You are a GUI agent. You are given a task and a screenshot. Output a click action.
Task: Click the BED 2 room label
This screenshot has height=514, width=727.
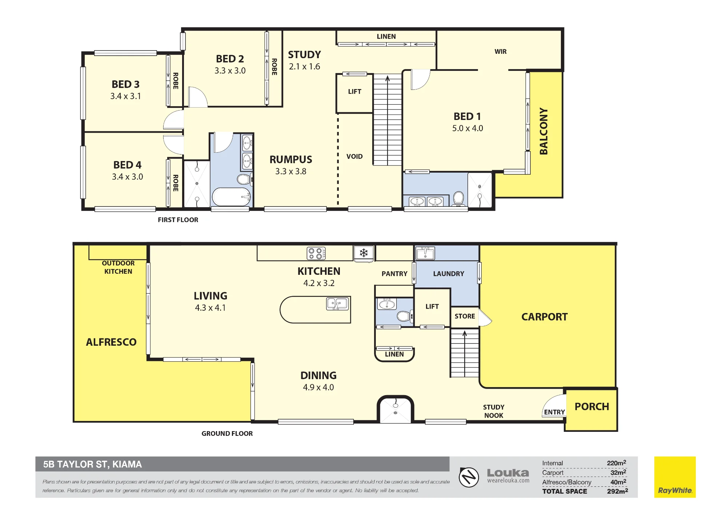pos(230,59)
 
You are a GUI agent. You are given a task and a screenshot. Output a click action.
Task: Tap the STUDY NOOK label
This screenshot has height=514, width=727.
pos(494,411)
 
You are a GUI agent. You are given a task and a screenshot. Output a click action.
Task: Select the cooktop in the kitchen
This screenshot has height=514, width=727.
pos(316,253)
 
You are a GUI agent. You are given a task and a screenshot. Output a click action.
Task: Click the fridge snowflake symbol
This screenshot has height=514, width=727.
pos(363,253)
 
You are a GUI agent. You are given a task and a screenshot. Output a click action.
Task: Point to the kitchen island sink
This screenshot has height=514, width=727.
pos(338,304)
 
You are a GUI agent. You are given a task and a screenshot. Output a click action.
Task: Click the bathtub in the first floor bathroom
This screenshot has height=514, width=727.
pos(232,197)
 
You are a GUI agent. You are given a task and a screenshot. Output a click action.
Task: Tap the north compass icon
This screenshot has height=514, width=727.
pos(469,477)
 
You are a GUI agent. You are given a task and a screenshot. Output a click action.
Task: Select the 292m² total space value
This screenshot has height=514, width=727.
pos(617,491)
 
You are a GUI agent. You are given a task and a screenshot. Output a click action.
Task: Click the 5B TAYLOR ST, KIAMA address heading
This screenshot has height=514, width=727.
pos(92,464)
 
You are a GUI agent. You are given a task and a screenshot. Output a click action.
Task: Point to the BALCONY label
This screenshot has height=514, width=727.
pos(543,131)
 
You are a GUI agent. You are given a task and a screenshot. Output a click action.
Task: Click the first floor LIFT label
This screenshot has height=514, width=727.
pos(354,92)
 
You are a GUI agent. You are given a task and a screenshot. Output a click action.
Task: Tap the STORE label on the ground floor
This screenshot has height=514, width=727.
pos(465,316)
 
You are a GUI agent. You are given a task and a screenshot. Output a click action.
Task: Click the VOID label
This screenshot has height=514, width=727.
pos(354,156)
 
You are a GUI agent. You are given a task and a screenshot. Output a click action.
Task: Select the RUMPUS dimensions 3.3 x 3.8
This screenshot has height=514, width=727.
pos(291,171)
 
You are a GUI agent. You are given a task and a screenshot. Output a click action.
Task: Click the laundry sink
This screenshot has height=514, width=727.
pos(425,253)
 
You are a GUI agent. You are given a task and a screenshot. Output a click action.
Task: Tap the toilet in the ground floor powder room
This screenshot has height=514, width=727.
pos(404,316)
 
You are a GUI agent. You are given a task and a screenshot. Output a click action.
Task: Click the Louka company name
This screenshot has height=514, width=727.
pos(508,473)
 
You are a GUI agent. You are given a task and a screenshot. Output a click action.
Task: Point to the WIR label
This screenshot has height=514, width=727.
pos(501,52)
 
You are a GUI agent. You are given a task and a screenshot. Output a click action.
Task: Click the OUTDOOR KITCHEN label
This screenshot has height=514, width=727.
pos(118,267)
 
